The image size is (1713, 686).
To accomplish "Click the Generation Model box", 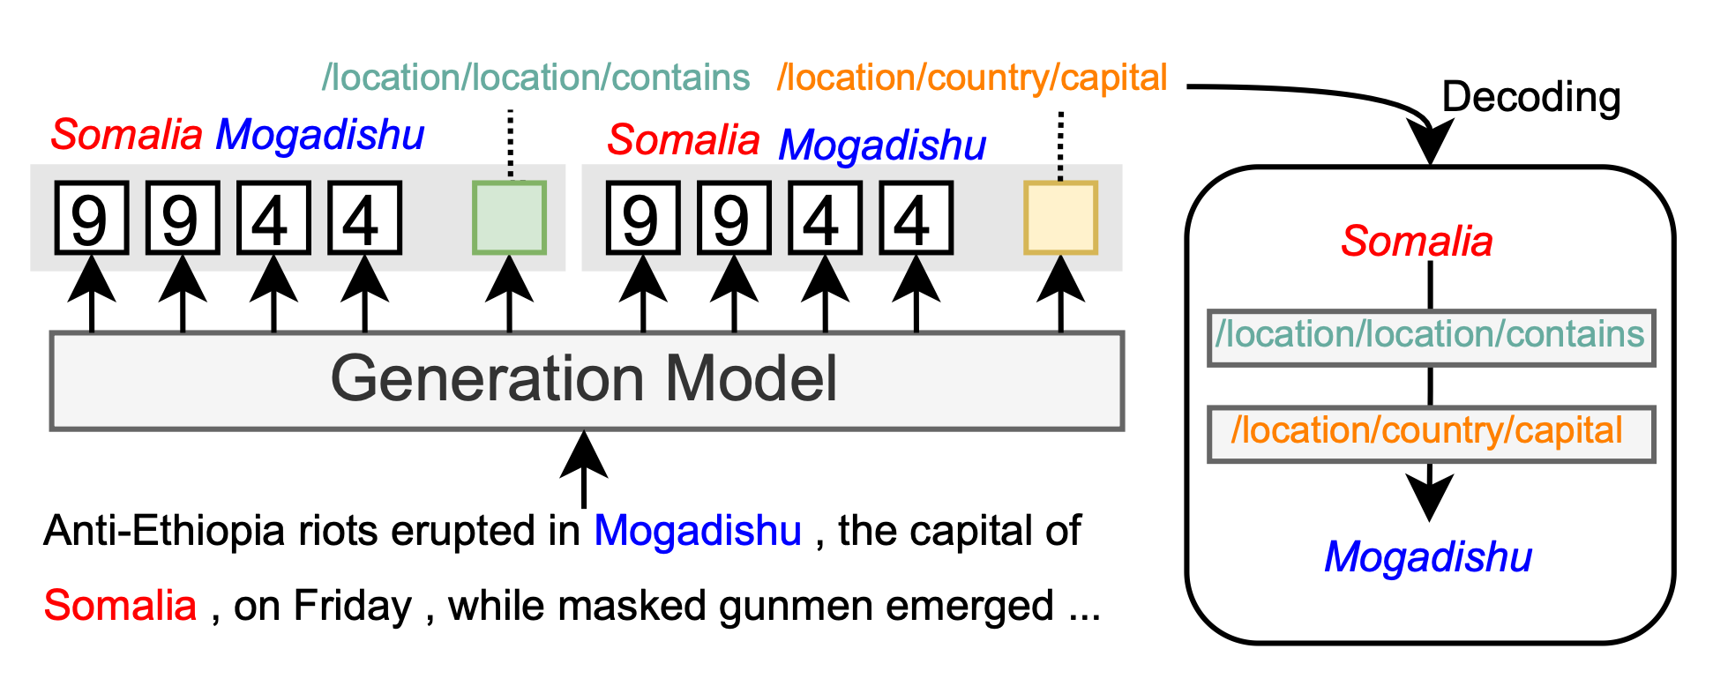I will click(587, 381).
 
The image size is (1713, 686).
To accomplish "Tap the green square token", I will click(509, 218).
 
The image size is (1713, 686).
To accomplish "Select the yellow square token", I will click(1060, 218).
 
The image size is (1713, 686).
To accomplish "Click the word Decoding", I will click(1530, 97).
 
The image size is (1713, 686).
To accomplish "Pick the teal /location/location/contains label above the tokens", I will click(535, 78).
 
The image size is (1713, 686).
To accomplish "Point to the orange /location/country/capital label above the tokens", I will click(972, 78).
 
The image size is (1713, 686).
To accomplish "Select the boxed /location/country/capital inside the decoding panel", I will click(1430, 433).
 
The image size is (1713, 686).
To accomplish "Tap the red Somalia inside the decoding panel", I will click(1417, 241).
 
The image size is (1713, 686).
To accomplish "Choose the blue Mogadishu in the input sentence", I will click(698, 531).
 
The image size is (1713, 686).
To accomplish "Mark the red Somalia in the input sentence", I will click(120, 606).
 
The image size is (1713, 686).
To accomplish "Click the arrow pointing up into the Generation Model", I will click(584, 467).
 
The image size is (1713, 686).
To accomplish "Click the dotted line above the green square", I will click(510, 143).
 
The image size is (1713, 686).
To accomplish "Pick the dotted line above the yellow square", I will click(1060, 145).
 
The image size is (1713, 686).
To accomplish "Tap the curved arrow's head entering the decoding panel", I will click(1430, 142).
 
